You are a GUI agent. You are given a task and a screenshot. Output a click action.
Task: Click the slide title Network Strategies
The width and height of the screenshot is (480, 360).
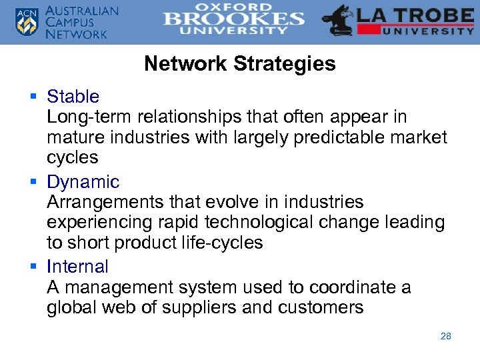239,64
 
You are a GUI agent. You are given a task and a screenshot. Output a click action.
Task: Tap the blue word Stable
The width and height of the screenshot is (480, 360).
73,97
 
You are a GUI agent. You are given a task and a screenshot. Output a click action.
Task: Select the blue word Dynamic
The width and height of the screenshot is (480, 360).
83,182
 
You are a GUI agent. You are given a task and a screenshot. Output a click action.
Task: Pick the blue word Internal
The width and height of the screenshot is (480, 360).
77,267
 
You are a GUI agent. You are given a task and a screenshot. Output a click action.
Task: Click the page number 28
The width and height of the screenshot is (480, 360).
446,336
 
